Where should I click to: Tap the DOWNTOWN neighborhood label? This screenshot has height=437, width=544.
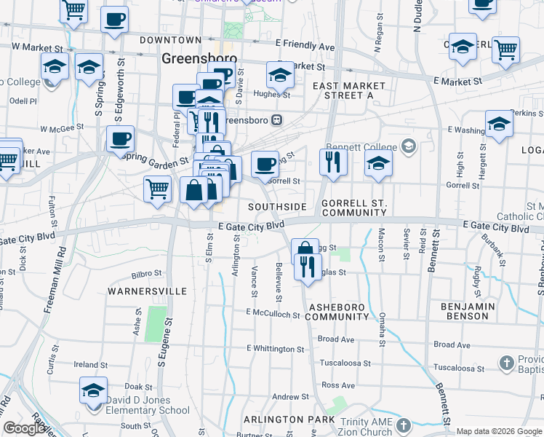coord(170,39)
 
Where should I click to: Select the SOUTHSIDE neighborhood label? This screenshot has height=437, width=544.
coord(277,207)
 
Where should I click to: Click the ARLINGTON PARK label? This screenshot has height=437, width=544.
coord(284,420)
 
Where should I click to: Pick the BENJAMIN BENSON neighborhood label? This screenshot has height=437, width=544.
coord(474,311)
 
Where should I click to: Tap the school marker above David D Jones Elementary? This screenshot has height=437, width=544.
coord(93,390)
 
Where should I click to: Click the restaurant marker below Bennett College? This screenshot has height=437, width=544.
coord(333,162)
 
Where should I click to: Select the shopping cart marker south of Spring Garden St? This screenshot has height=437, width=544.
coord(158,191)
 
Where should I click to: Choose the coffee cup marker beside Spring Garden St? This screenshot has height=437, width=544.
coord(120,138)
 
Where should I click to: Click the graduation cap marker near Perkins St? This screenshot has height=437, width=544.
coord(499,123)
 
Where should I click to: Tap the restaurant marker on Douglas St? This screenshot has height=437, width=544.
coord(308,267)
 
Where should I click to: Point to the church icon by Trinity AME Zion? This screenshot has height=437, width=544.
coord(404,425)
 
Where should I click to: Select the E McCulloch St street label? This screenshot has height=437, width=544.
coord(273,314)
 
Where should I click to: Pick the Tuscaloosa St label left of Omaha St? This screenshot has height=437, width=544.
coord(345,363)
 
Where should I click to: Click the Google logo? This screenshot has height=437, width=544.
coord(25,429)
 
